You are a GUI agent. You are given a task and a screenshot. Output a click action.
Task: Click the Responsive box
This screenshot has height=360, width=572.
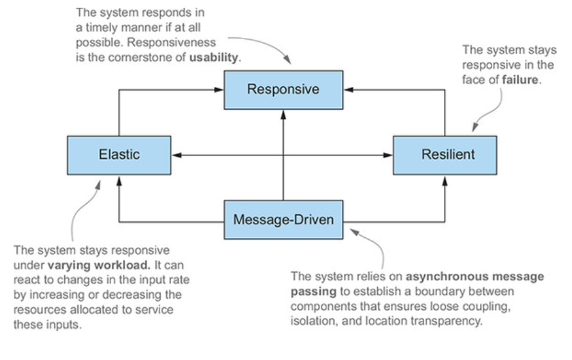[283, 89]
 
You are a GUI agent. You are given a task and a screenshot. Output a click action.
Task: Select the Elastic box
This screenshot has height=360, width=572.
[119, 155]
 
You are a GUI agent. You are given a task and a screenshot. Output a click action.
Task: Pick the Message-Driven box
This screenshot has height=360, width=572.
[283, 220]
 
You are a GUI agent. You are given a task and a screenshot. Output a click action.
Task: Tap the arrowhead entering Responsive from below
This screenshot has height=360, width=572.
[283, 111]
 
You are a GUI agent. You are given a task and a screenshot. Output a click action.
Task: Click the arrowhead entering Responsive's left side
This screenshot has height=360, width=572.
[220, 90]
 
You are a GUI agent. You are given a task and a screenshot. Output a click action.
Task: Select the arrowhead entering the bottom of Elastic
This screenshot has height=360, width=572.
[119, 178]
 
